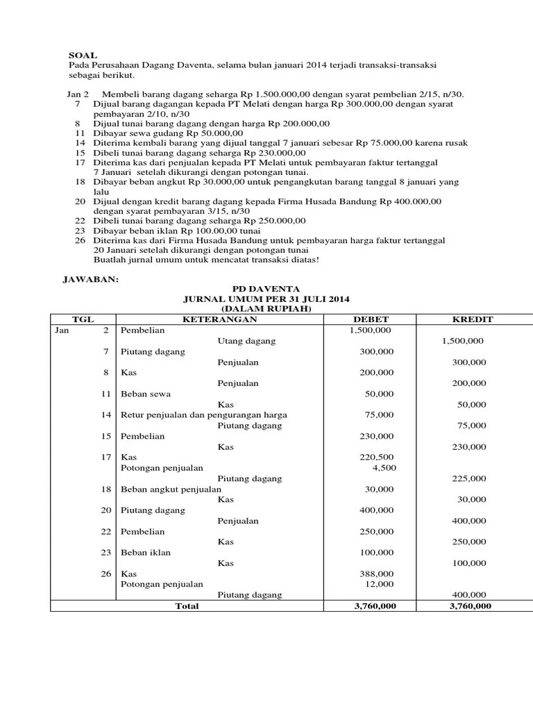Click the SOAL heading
(x=83, y=54)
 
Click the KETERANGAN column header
(x=219, y=319)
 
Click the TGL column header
(x=83, y=319)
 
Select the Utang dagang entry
(x=246, y=341)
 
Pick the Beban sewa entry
(x=142, y=394)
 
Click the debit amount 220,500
(x=377, y=458)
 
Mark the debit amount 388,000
(x=377, y=574)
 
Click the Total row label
(x=187, y=606)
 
